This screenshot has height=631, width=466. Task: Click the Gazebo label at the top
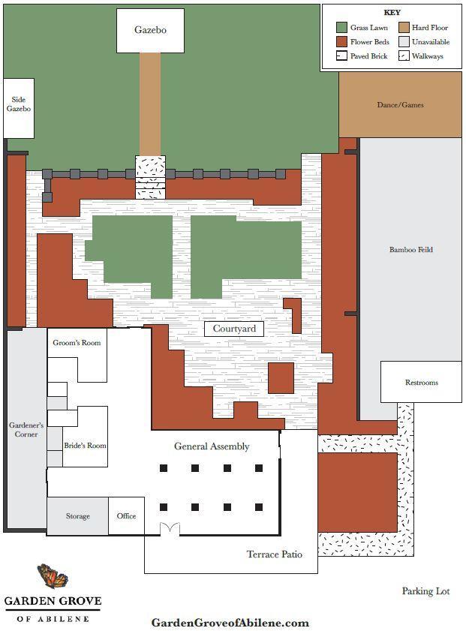(150, 30)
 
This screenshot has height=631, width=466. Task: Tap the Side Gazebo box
(19, 108)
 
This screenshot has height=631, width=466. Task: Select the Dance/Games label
(400, 105)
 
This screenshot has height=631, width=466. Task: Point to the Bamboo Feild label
(411, 250)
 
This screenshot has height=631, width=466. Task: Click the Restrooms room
(421, 382)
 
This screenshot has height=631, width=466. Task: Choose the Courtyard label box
(234, 329)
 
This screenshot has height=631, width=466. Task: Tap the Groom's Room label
(77, 343)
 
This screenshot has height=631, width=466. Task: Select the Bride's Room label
(85, 446)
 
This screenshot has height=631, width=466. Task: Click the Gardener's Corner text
(26, 430)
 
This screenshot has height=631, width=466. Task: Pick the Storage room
(78, 516)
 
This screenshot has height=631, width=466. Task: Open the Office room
(126, 516)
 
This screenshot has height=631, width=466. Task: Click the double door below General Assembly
(170, 529)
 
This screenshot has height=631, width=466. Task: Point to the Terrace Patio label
(275, 554)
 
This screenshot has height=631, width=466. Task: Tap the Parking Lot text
(425, 591)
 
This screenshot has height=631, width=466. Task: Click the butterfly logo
(53, 576)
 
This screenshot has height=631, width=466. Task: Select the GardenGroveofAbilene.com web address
(230, 623)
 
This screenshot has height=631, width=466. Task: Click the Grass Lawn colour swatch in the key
(341, 28)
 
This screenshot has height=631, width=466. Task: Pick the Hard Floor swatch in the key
(404, 28)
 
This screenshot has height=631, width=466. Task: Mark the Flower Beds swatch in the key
(341, 42)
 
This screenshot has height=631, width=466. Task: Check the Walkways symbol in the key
(404, 56)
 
